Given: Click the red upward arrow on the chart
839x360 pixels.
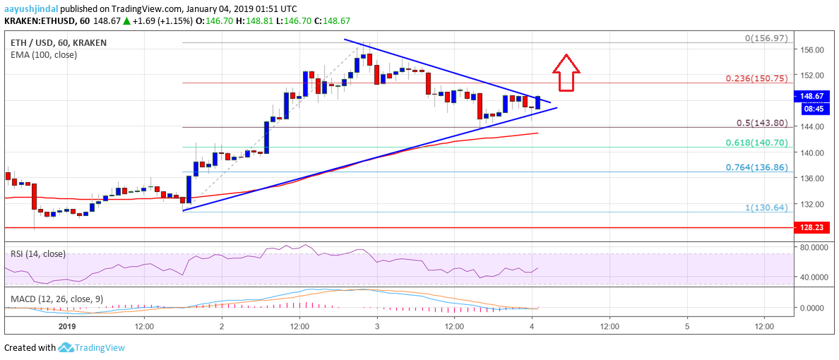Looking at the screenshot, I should (566, 73).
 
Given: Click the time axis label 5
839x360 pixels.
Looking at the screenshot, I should (687, 328).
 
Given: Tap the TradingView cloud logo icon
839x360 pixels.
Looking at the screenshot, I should (66, 347).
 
